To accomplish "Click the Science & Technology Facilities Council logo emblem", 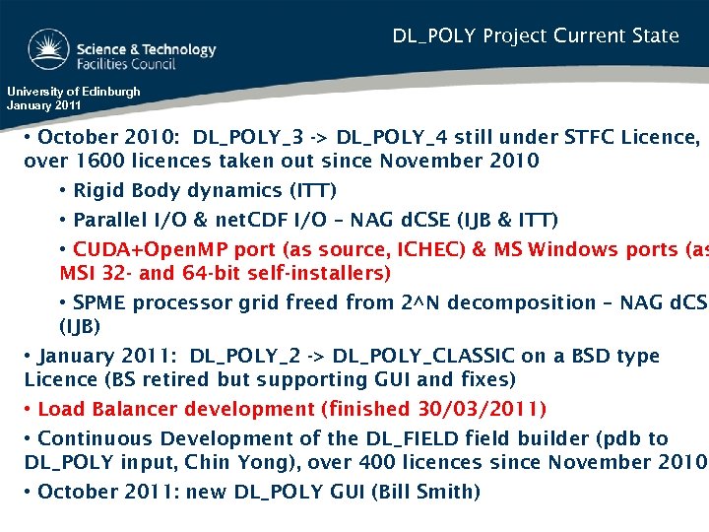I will (47, 49).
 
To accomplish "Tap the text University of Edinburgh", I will (74, 92).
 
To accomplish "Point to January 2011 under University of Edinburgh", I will (44, 104).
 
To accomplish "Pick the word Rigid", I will (98, 190).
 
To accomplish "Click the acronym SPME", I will (99, 302).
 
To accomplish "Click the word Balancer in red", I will (130, 409).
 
